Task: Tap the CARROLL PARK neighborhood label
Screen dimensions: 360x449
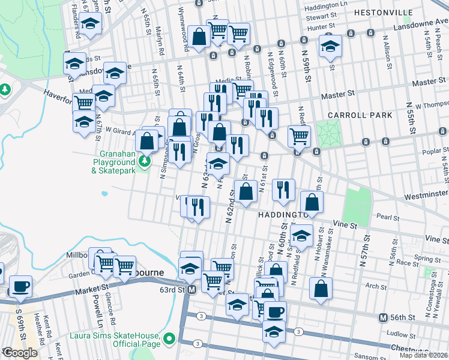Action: coord(360,115)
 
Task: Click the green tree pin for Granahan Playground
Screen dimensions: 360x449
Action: coord(144,161)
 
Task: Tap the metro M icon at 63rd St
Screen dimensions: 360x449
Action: coord(191,290)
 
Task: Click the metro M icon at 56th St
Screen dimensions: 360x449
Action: coord(383,317)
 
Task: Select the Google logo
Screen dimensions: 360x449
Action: coord(20,353)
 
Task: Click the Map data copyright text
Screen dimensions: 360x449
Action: coord(423,355)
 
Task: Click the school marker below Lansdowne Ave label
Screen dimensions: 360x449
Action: coord(330,46)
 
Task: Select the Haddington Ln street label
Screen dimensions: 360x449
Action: coord(326,6)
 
